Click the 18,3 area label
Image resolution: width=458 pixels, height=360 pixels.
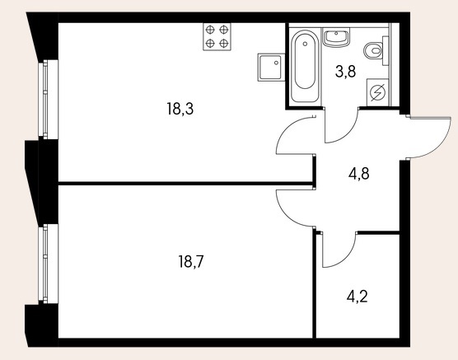pos(180,109)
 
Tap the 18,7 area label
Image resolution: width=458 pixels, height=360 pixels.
pos(191,261)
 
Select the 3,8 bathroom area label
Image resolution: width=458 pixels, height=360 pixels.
pos(346,72)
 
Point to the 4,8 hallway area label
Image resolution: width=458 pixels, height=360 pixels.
pos(358,174)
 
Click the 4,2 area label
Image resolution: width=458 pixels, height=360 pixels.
pos(358,297)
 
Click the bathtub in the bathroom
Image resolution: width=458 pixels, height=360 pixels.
pos(305,66)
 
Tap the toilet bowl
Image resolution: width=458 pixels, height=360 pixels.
pos(373,51)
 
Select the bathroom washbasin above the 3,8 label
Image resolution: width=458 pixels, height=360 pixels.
pos(336,37)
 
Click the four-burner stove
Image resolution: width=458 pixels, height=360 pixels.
pos(217,37)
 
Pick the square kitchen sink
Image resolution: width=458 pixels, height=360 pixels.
pos(271,68)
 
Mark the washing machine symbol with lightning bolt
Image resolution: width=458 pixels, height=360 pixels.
pos(377,92)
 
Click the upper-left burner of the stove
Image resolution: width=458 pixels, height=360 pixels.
pos(210,30)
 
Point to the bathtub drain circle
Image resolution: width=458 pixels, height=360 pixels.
pos(305,44)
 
